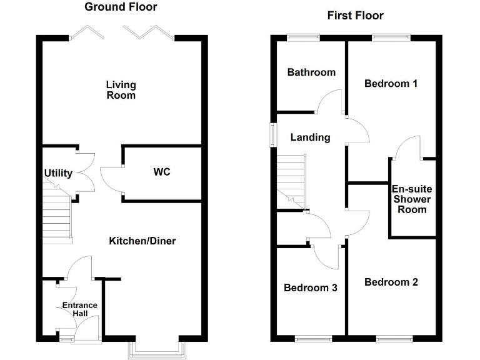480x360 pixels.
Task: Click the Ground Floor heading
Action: (121, 7)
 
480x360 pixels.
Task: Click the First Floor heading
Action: (355, 15)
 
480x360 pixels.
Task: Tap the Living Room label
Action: (121, 90)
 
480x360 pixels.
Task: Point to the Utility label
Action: (58, 173)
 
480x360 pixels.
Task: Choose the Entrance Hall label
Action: (79, 309)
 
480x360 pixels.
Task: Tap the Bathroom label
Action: (311, 72)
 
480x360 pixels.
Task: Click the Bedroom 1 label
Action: (391, 83)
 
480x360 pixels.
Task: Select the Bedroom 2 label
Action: (391, 282)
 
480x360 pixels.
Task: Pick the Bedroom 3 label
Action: (311, 288)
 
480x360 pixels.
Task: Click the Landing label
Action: (310, 137)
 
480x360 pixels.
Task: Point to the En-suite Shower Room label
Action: (412, 199)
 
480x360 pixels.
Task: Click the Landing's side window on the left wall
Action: (273, 135)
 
